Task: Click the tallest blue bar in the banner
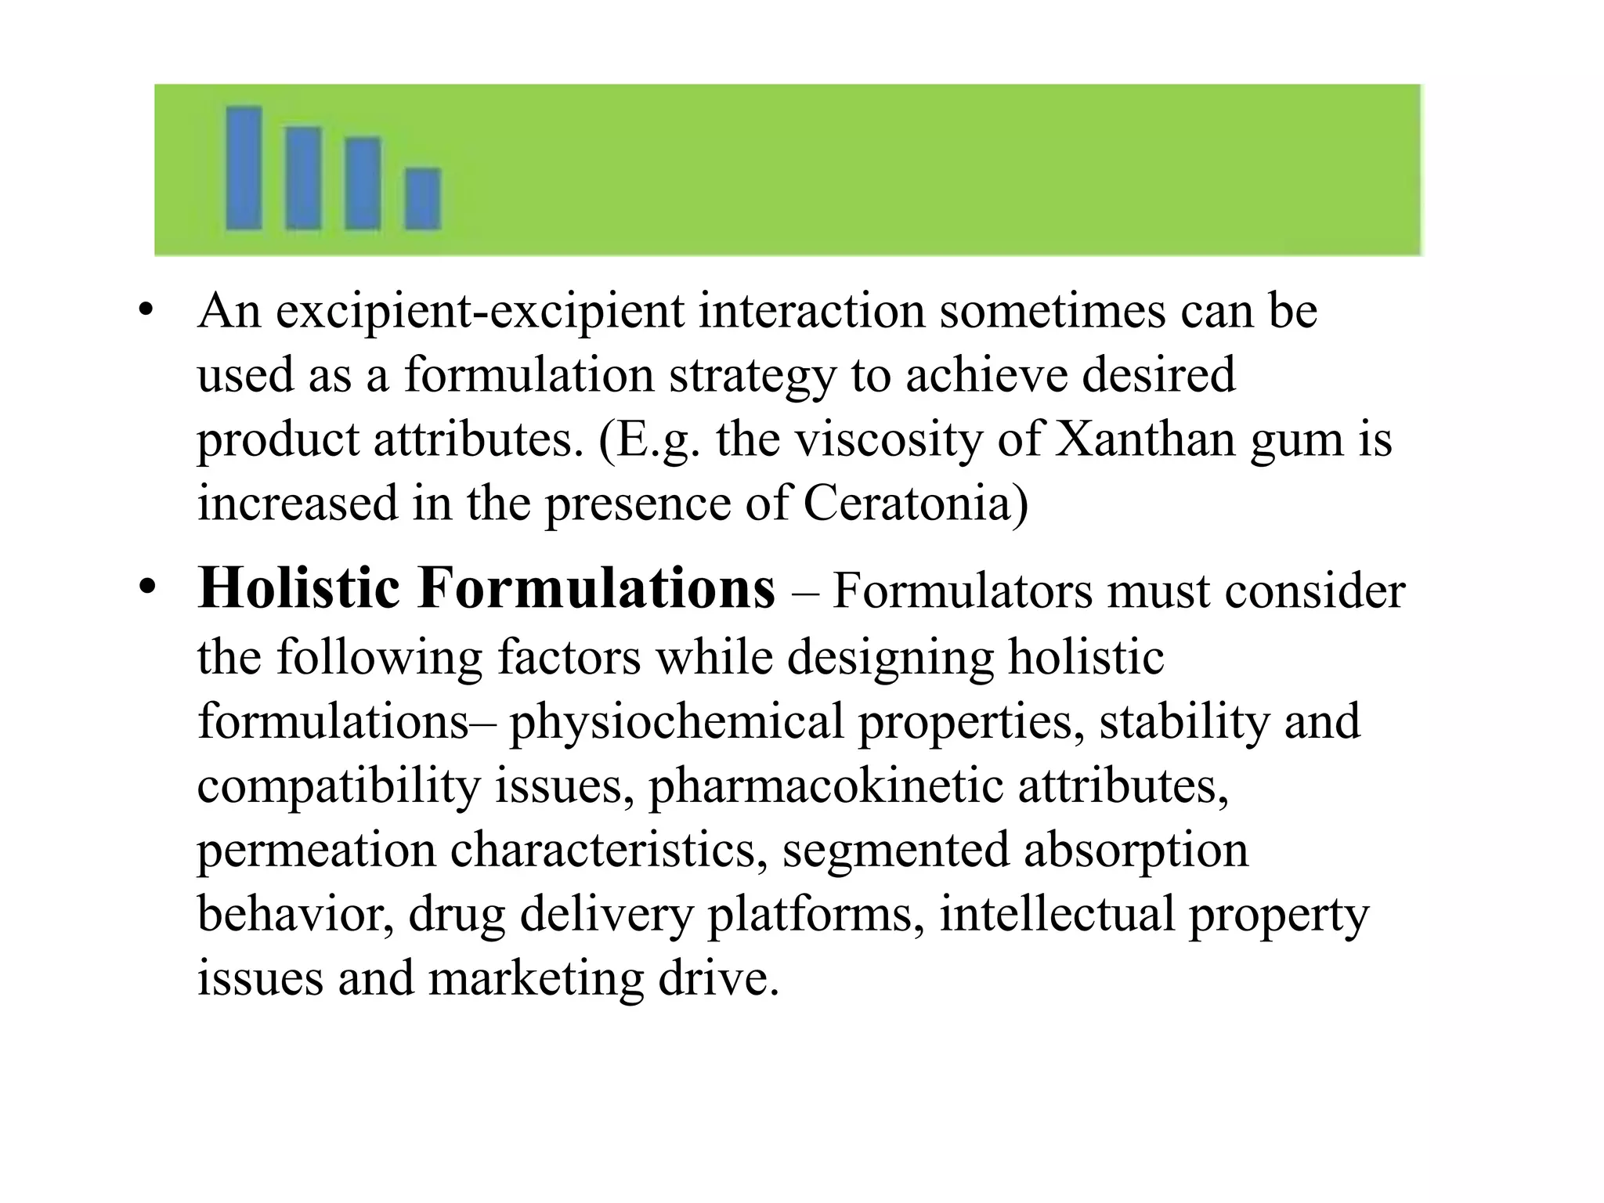[244, 168]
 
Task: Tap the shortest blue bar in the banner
[423, 199]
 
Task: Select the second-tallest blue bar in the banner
[303, 178]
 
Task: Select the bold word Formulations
[597, 589]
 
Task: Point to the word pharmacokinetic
[825, 786]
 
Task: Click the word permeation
[316, 851]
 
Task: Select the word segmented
[895, 851]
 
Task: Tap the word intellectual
[1057, 914]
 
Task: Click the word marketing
[536, 979]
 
